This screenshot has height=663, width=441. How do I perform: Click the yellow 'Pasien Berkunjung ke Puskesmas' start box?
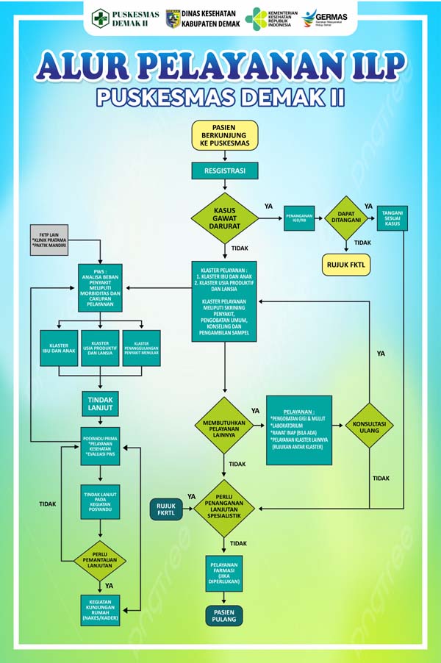(225, 135)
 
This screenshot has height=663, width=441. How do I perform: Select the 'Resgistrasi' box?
(225, 171)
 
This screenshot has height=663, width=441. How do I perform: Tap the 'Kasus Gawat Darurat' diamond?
(225, 218)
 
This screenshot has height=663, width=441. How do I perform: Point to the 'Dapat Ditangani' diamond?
(346, 218)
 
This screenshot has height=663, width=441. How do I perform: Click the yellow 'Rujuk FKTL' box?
(346, 264)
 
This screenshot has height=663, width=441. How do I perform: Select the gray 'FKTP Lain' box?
(49, 243)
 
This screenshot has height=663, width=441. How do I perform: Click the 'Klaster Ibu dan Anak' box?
(60, 348)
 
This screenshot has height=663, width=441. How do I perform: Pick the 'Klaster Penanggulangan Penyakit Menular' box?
(141, 348)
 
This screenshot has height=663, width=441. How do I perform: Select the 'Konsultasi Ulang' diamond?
(370, 425)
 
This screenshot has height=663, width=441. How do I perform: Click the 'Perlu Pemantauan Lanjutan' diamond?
(100, 561)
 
